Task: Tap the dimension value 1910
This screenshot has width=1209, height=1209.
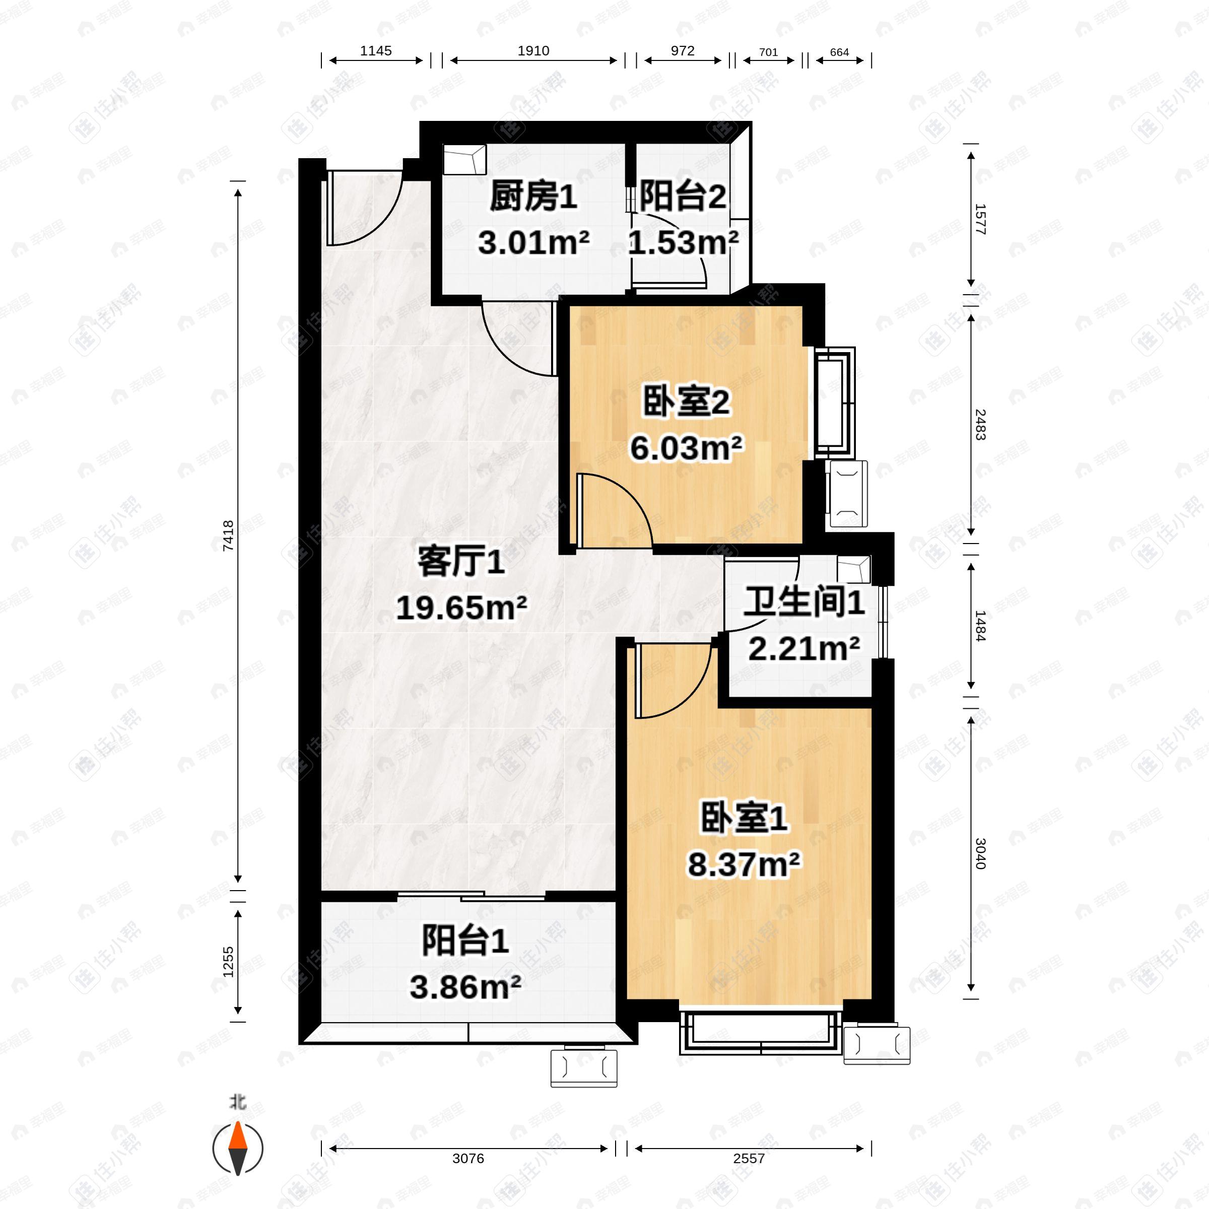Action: [x=533, y=51]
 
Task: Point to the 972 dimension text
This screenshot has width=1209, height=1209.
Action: [x=682, y=51]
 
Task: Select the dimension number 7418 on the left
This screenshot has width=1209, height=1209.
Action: [x=228, y=535]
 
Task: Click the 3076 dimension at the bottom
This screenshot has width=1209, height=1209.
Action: [x=468, y=1158]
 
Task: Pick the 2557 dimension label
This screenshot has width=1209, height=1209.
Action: [x=749, y=1158]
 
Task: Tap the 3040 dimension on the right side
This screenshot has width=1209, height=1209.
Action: [x=980, y=853]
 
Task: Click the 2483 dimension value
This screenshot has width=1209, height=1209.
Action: [x=980, y=424]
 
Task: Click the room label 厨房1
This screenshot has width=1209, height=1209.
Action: [x=533, y=197]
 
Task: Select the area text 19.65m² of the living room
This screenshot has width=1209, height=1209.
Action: [x=461, y=608]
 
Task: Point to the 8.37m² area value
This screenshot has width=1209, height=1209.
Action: [x=744, y=865]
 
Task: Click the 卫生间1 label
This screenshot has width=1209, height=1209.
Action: [x=803, y=602]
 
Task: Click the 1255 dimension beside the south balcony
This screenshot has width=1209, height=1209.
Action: [x=228, y=961]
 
